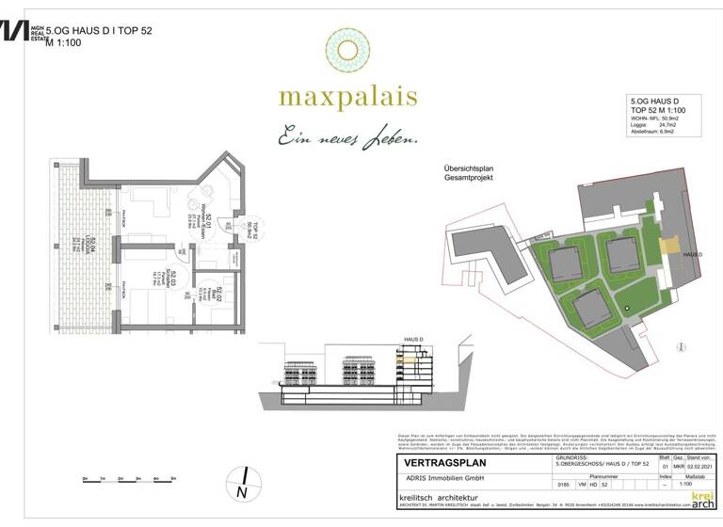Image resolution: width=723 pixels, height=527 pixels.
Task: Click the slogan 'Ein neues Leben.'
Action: click(x=346, y=138)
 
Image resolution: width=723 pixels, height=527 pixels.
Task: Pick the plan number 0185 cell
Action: click(x=563, y=485)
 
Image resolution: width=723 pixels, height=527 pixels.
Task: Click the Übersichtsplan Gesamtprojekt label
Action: click(x=469, y=173)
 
